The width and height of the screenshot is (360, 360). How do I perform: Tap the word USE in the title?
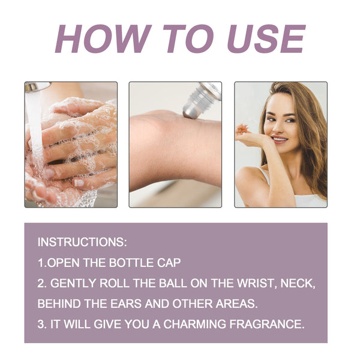(266, 39)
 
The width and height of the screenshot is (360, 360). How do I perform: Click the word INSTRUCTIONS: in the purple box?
(82, 242)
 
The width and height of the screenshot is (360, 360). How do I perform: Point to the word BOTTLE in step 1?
(131, 263)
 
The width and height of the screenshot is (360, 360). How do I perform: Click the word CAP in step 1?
(169, 263)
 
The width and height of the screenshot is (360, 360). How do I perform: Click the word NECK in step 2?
(298, 283)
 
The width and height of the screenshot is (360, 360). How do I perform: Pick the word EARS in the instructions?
(127, 304)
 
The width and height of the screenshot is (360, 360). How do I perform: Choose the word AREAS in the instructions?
(236, 304)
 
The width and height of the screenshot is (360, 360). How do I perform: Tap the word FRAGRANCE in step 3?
(267, 324)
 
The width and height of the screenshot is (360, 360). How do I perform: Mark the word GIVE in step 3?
(107, 324)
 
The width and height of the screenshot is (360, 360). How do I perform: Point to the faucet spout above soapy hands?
(37, 86)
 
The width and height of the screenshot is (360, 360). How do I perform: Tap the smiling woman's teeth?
(279, 139)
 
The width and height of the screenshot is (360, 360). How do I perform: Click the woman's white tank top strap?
(265, 176)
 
